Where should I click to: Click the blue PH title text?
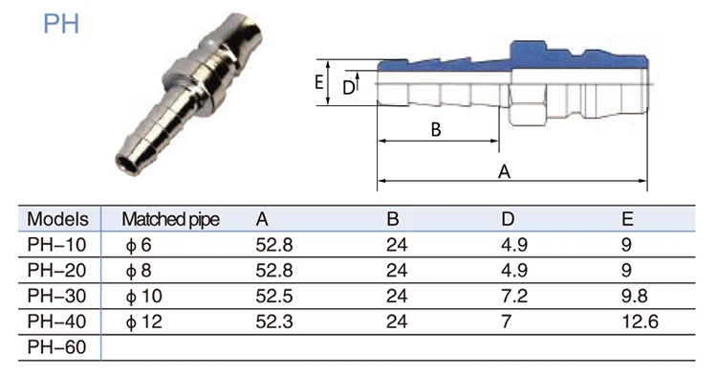coord(61,24)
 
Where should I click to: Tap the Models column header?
coord(57,219)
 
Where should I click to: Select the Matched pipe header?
coord(170,220)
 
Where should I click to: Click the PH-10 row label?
coord(56,245)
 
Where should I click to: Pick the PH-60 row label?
coord(56,347)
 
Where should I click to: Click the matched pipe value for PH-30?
coord(144,297)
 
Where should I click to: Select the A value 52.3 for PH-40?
coord(274,321)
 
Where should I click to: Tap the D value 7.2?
coord(514,296)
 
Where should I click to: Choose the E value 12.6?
coord(641,321)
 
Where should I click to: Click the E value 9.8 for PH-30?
coord(634,296)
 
